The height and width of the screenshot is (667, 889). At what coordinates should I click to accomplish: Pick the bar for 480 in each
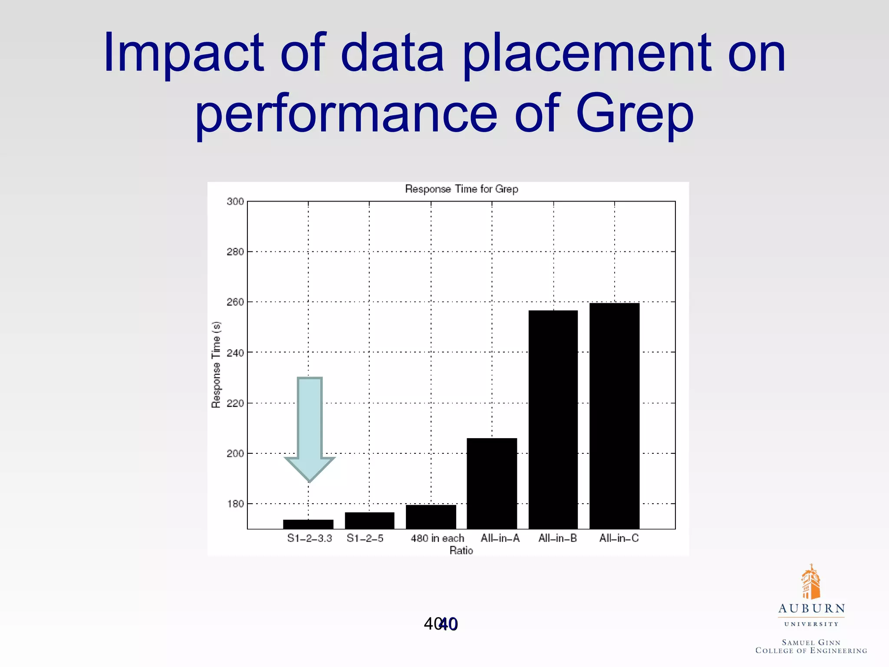click(x=431, y=517)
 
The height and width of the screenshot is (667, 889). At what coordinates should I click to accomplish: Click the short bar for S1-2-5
click(x=369, y=520)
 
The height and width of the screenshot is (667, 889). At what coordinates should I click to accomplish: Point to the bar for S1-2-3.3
click(x=308, y=524)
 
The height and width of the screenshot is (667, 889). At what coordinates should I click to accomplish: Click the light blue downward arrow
click(x=310, y=428)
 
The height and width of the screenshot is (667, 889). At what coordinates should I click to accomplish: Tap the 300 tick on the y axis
click(x=235, y=201)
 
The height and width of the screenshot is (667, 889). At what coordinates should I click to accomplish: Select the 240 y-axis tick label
click(x=235, y=353)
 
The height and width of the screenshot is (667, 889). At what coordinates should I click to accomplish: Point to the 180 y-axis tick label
click(x=235, y=504)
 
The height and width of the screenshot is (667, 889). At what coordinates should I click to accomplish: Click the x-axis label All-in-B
click(x=557, y=538)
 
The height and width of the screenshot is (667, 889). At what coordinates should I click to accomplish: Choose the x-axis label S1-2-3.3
click(x=310, y=538)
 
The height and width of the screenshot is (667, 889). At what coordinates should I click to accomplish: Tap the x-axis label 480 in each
click(x=437, y=538)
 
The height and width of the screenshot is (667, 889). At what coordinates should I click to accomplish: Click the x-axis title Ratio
click(x=461, y=551)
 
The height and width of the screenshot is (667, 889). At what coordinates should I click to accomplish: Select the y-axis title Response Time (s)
click(x=216, y=365)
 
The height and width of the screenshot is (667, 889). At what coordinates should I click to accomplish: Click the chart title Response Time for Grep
click(x=461, y=189)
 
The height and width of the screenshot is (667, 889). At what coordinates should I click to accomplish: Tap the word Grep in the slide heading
click(x=635, y=114)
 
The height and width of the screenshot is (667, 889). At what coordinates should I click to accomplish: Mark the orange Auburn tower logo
click(x=810, y=582)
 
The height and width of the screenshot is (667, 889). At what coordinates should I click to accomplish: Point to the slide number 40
click(x=441, y=624)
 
